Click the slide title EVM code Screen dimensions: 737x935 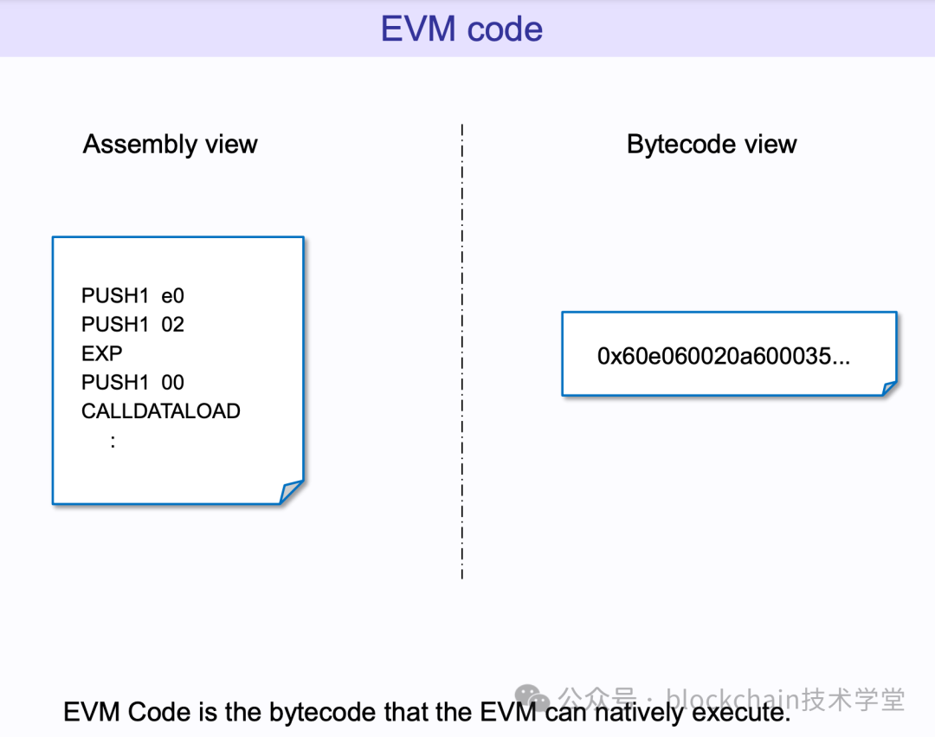point(461,29)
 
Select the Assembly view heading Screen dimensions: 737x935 point(170,144)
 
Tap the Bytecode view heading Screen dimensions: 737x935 point(711,144)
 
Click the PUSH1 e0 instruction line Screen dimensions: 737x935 point(132,295)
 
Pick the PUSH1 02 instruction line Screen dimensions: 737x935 point(132,325)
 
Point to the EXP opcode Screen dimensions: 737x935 point(101,353)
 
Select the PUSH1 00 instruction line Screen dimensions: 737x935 point(132,382)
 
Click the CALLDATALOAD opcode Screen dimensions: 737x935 point(160,411)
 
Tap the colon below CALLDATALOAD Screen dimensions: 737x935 point(113,441)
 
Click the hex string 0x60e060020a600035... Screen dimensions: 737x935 point(723,356)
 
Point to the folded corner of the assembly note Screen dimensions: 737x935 point(292,492)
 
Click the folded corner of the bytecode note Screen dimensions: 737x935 point(888,388)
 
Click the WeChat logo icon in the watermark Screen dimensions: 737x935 point(532,698)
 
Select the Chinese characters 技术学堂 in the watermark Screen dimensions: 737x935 point(853,698)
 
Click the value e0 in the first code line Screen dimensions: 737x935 point(173,295)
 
